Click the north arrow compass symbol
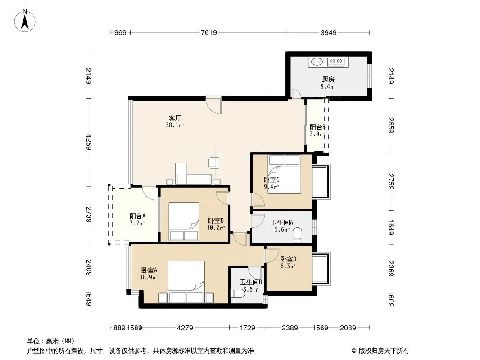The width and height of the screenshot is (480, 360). point(25,21)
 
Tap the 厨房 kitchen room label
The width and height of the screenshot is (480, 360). point(328,80)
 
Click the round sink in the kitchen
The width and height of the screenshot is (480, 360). point(317,62)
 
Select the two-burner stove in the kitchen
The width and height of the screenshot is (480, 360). point(336,62)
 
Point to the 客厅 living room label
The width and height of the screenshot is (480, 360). point(175,118)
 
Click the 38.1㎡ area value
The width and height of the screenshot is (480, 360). point(175,125)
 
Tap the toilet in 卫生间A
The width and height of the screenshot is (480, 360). point(297,235)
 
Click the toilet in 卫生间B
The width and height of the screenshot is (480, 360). point(238,293)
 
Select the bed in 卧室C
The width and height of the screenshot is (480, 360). point(284,174)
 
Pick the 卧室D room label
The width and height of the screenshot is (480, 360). point(288,259)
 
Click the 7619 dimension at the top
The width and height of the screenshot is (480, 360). point(209,32)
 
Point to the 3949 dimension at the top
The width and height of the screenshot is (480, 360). point(328,32)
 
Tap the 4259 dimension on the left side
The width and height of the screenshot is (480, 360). point(89,142)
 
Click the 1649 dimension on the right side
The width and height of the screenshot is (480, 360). point(391,228)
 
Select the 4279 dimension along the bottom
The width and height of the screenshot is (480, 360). point(185,328)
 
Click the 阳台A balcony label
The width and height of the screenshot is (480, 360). point(137,216)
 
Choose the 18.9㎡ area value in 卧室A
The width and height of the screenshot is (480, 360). point(149,277)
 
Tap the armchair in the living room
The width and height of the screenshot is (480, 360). point(214,163)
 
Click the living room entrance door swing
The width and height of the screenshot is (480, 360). point(213,106)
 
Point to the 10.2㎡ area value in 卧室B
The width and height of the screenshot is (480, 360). point(216,228)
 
